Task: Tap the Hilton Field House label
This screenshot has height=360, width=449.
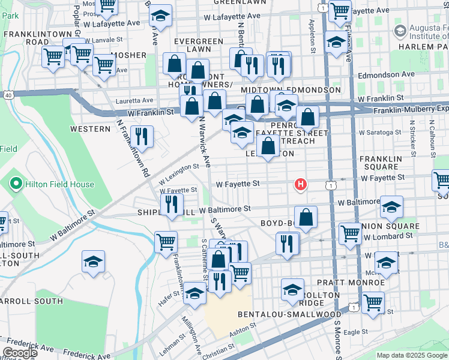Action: [x=59, y=184]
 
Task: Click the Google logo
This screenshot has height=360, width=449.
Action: [x=20, y=353]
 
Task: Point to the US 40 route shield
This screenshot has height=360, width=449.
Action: [x=7, y=95]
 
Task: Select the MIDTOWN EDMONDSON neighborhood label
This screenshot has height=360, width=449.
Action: [x=291, y=89]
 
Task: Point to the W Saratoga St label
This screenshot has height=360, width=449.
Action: [x=380, y=132]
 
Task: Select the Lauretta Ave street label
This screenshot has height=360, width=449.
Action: [x=139, y=100]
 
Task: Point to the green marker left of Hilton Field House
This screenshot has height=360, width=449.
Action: [x=17, y=184]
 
